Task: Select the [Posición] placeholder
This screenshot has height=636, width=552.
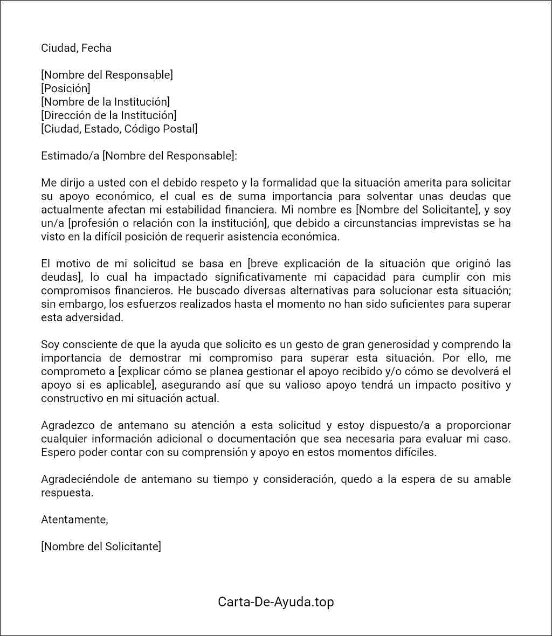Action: click(x=66, y=88)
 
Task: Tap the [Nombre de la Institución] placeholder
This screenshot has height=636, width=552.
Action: click(x=106, y=102)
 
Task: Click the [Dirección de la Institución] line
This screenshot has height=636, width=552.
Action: click(x=109, y=115)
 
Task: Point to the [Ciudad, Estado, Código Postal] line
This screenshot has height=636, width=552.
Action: click(x=119, y=129)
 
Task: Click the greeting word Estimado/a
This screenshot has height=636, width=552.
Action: click(x=70, y=156)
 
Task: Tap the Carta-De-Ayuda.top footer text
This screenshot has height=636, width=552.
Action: click(x=276, y=602)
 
